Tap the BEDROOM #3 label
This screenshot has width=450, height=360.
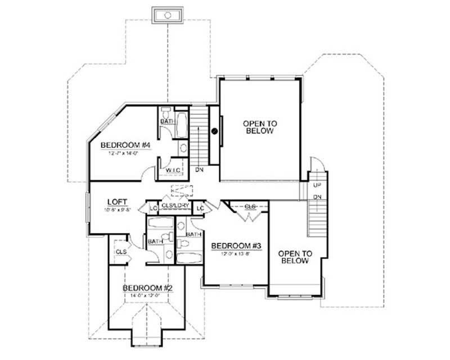(x=231, y=246)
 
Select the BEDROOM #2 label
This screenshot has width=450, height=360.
(x=147, y=287)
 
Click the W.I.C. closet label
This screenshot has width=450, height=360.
(x=172, y=170)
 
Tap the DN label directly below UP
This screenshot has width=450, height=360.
(x=317, y=196)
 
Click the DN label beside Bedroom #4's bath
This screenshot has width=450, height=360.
(x=199, y=169)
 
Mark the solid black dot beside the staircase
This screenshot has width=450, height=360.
(x=214, y=131)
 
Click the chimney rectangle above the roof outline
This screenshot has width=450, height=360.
(x=167, y=15)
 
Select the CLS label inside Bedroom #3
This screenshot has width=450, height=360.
(x=250, y=207)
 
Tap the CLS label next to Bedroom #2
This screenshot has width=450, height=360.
(x=120, y=252)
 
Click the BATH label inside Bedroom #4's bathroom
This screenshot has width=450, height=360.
(x=167, y=121)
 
